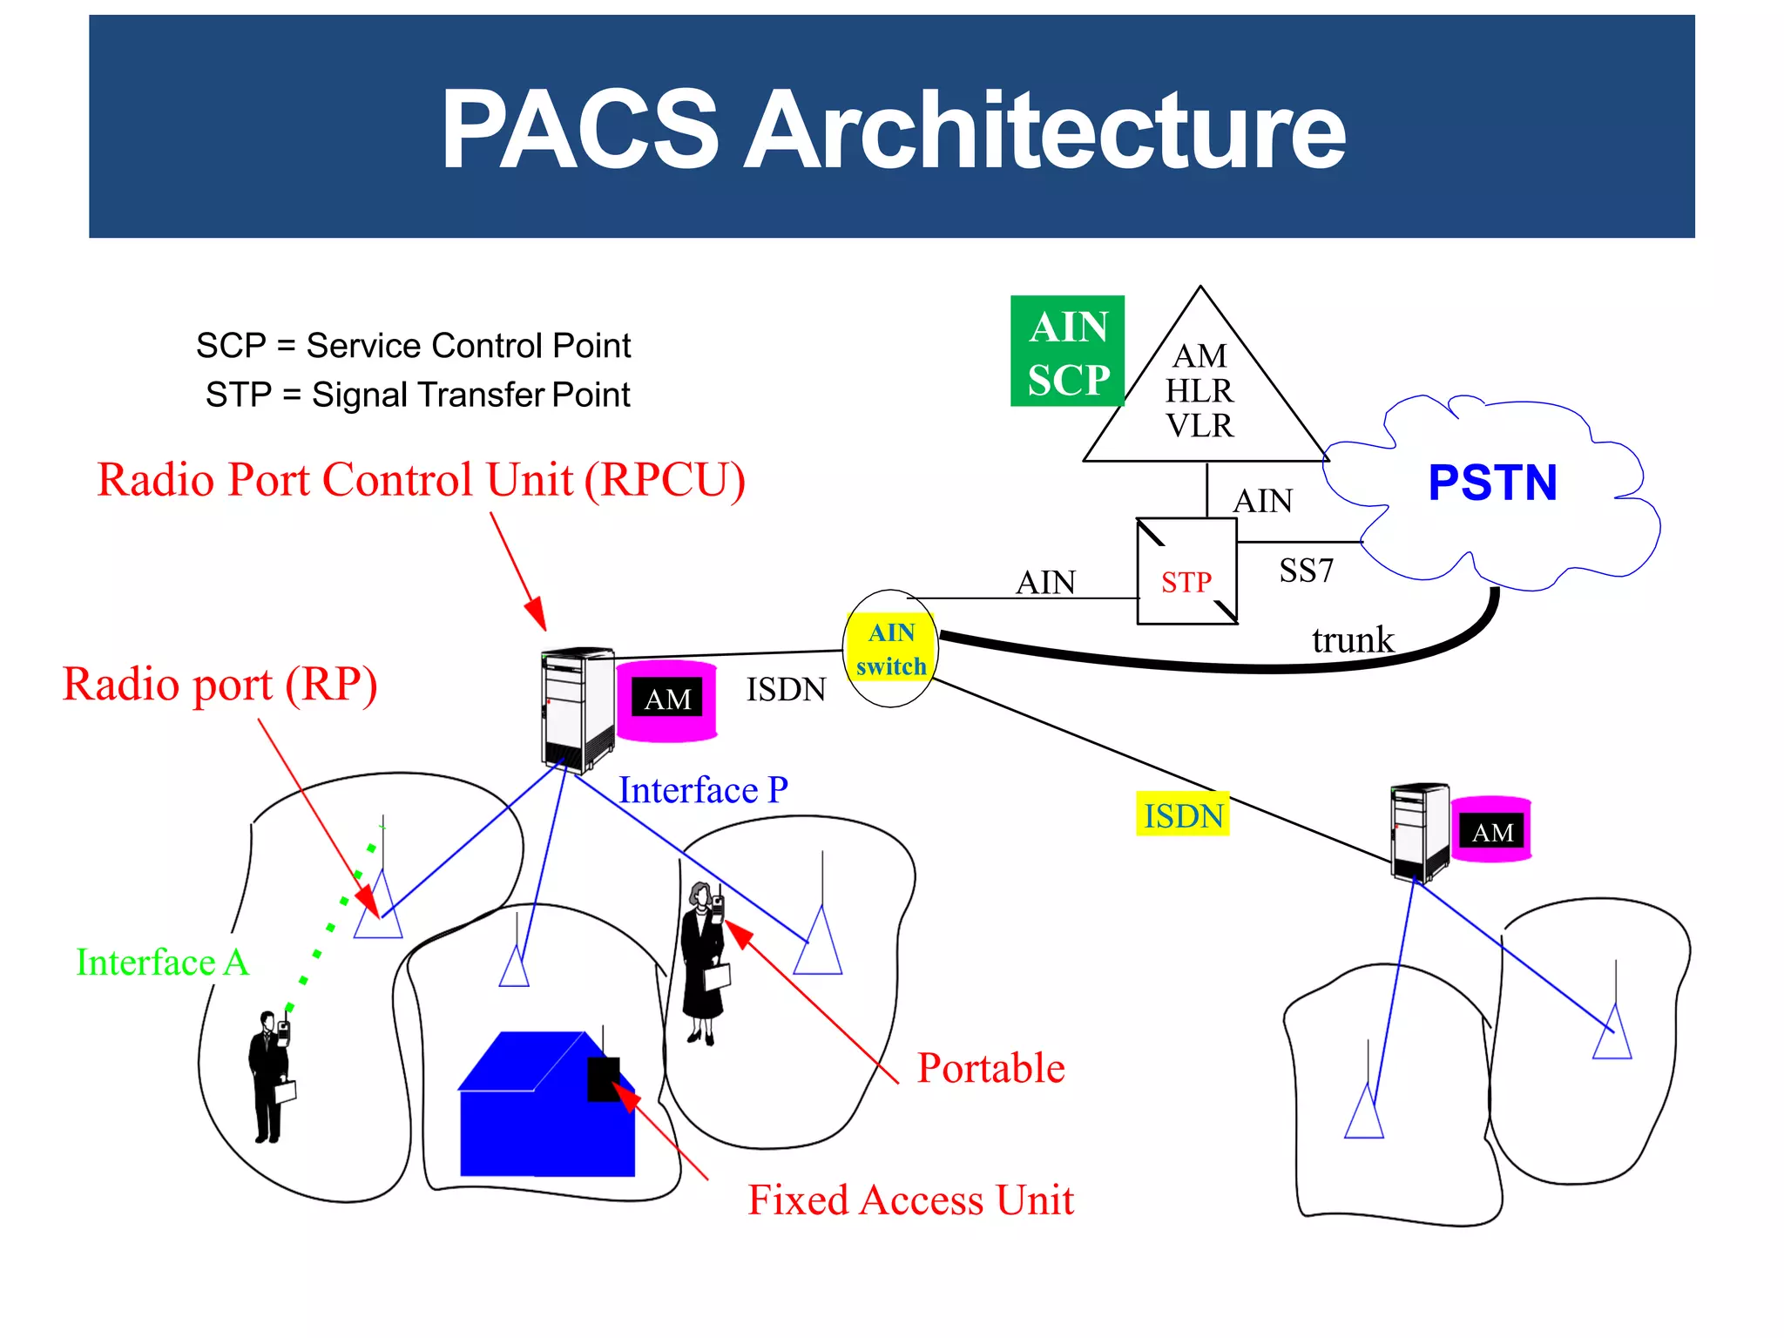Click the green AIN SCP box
tap(1067, 351)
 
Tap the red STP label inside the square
tap(1186, 582)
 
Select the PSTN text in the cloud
tap(1492, 483)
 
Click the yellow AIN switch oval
tap(890, 649)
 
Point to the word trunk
tap(1352, 640)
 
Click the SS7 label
tap(1306, 571)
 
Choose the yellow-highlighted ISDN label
tap(1183, 815)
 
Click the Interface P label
tap(703, 790)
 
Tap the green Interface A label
tap(162, 963)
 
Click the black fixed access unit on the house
tap(603, 1078)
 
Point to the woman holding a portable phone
tap(704, 963)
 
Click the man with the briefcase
tap(270, 1076)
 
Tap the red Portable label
tap(990, 1068)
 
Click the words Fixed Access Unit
tap(910, 1199)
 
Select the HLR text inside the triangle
tap(1199, 391)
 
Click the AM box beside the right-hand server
tap(1491, 832)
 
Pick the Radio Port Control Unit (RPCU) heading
tap(421, 480)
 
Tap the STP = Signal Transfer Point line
tap(417, 395)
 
